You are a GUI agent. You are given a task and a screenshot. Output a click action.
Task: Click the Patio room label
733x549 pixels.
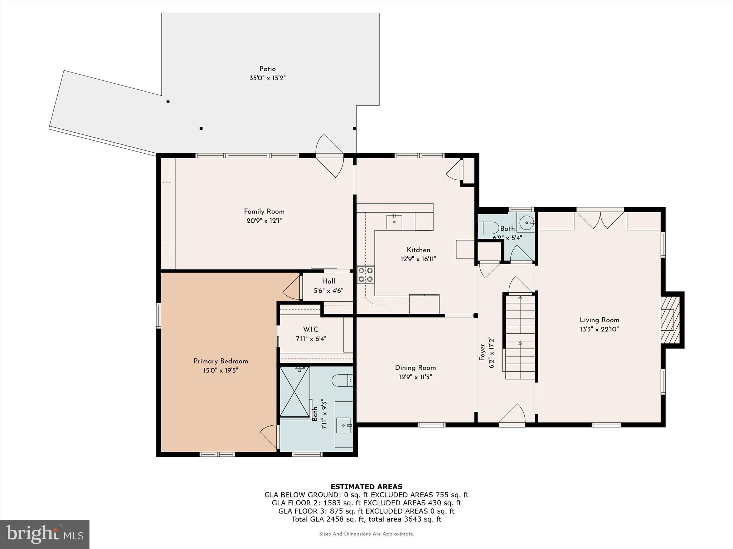click(x=267, y=69)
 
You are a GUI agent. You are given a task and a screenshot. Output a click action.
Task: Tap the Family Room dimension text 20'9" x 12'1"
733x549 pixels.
click(x=264, y=221)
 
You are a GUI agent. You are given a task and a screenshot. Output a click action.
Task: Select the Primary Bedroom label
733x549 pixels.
click(x=221, y=361)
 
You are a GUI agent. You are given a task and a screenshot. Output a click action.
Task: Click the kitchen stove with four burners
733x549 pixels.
click(x=365, y=274)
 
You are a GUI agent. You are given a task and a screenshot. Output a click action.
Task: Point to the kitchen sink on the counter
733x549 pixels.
click(x=394, y=222)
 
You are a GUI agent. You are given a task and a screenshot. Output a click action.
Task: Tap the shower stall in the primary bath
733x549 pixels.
click(x=294, y=391)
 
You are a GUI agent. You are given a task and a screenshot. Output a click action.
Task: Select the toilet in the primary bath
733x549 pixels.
click(x=343, y=380)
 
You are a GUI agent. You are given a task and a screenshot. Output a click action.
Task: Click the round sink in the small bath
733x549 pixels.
click(x=526, y=223)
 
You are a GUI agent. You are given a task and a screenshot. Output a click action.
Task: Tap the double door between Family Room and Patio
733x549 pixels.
click(x=329, y=156)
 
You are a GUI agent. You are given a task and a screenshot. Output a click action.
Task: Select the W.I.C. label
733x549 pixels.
click(x=311, y=329)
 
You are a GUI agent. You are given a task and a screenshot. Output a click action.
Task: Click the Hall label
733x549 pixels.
click(x=329, y=281)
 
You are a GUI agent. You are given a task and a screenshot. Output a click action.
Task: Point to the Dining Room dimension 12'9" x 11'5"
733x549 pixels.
click(x=415, y=377)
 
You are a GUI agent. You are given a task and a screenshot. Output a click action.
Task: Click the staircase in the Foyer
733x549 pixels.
click(x=520, y=336)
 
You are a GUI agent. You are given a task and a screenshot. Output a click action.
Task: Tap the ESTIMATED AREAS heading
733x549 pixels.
click(x=366, y=486)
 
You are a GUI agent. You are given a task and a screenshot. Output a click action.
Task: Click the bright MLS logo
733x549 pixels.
click(x=45, y=534)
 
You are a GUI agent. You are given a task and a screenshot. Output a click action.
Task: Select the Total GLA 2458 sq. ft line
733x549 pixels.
click(x=366, y=519)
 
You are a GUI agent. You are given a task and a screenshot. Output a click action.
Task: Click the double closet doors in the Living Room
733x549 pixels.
click(x=600, y=220)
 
